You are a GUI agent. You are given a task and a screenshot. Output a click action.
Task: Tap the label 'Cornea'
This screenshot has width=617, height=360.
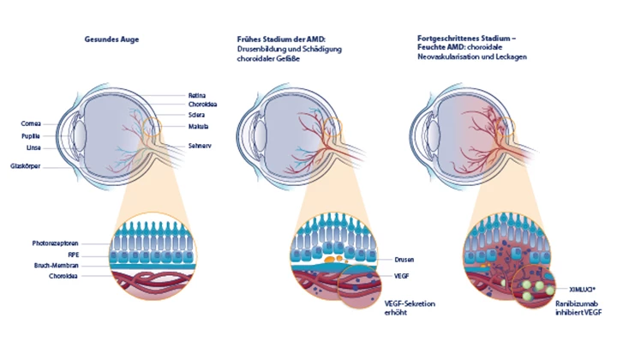tap(31, 123)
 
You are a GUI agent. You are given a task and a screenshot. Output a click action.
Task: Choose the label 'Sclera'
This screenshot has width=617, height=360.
tap(197, 116)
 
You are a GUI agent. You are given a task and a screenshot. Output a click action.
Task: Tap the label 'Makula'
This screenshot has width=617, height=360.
tap(198, 127)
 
